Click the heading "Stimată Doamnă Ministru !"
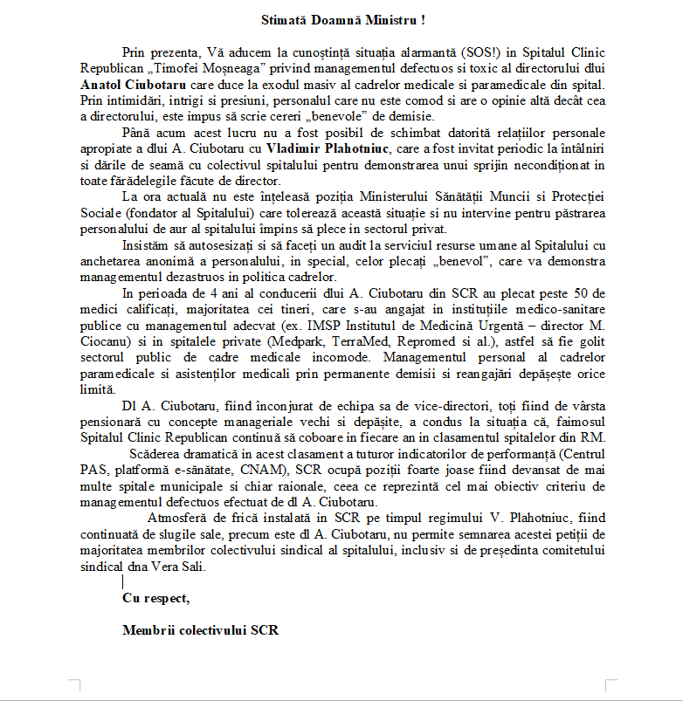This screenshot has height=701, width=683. (x=341, y=18)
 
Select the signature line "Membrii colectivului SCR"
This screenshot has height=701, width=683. (x=201, y=629)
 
